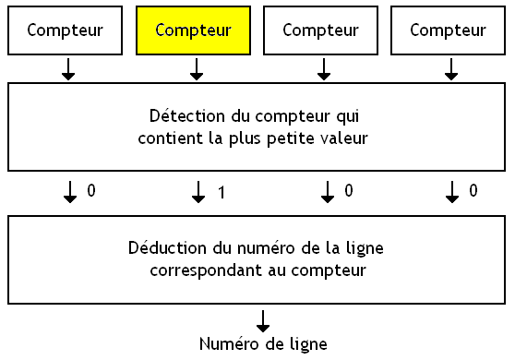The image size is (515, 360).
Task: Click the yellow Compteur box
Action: (x=193, y=30)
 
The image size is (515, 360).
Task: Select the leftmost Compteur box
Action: (x=66, y=30)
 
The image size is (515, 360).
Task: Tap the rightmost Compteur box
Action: (x=448, y=30)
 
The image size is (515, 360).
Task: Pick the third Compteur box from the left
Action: (x=320, y=30)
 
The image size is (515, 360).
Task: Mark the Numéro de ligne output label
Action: (x=263, y=344)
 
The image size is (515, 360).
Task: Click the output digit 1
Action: (x=222, y=193)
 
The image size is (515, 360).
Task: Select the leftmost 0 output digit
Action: (x=91, y=191)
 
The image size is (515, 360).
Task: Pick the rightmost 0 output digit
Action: (x=474, y=191)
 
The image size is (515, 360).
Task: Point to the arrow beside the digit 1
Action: (x=198, y=192)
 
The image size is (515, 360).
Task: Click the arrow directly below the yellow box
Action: (x=197, y=69)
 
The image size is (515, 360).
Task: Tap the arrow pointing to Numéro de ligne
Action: (x=263, y=320)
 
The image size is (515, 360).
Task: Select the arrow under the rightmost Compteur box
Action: (x=451, y=69)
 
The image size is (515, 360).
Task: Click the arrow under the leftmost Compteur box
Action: (x=69, y=69)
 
